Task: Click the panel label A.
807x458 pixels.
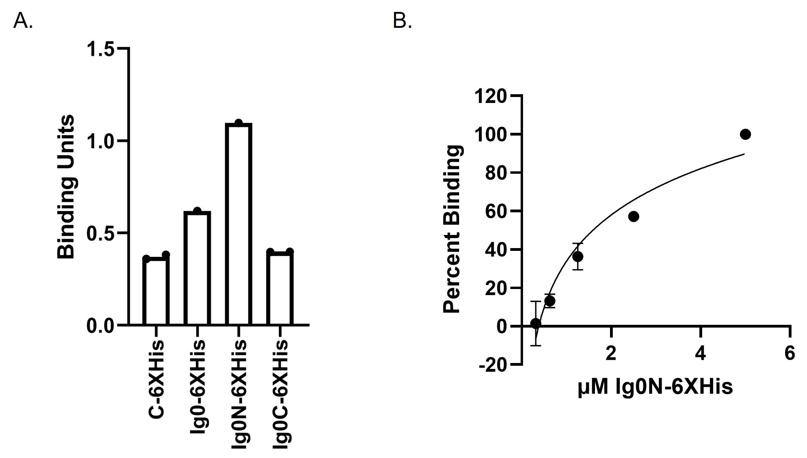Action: [23, 21]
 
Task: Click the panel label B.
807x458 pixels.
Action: [402, 21]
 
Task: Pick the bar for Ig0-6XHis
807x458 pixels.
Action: [197, 268]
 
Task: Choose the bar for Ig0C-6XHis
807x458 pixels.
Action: [280, 288]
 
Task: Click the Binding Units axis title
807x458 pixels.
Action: [66, 187]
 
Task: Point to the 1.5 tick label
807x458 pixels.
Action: [100, 49]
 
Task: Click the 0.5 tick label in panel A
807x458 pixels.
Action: [100, 233]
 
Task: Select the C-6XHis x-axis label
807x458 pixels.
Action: [156, 378]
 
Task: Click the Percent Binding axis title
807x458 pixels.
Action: [453, 229]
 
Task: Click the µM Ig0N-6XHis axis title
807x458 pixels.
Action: [655, 386]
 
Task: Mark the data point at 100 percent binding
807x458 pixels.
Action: [745, 134]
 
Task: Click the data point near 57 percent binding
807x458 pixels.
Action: [633, 217]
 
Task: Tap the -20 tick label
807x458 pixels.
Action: [493, 365]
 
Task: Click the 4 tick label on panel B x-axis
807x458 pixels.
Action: [701, 353]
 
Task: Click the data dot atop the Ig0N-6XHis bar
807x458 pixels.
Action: [238, 122]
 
